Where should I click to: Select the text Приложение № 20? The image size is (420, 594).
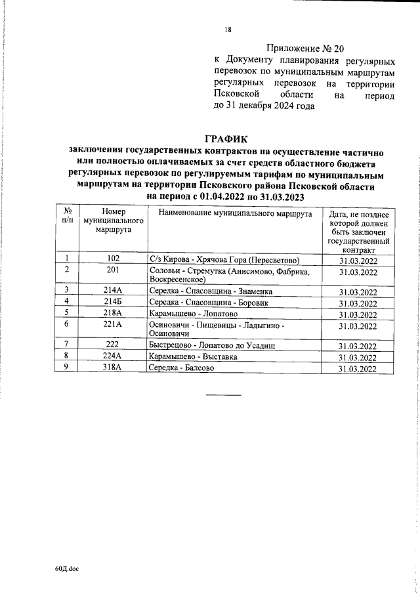pos(306,48)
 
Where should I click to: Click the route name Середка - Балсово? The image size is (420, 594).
pos(182,368)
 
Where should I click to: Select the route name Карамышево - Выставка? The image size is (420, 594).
pos(193,356)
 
